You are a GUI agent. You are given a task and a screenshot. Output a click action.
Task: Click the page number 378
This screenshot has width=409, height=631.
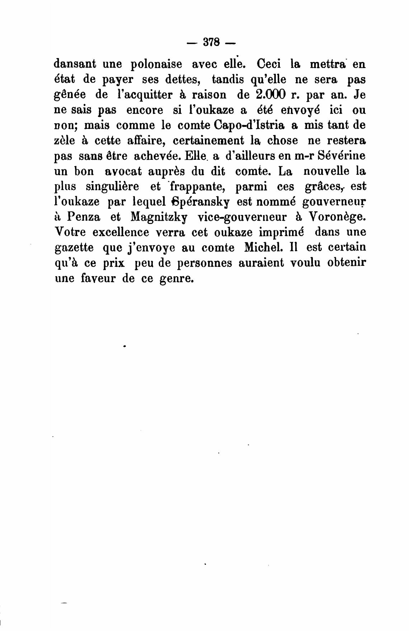point(211,42)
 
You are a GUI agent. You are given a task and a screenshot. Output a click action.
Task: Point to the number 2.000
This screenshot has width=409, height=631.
point(271,95)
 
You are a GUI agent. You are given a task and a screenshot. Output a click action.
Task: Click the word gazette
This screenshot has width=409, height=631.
point(74,248)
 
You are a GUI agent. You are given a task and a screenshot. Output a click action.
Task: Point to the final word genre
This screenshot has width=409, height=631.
point(175,279)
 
